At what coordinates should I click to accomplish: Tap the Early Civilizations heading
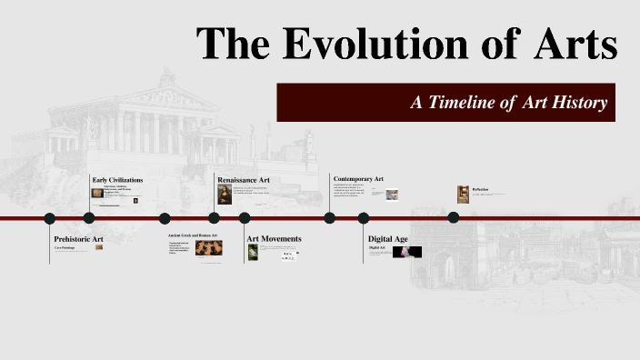click(x=117, y=180)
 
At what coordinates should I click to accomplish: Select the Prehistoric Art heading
click(x=78, y=238)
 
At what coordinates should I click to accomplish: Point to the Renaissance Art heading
click(x=244, y=180)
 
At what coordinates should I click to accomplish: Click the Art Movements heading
click(x=274, y=238)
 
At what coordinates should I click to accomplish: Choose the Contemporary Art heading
click(x=358, y=179)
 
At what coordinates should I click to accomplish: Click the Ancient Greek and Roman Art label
click(x=194, y=235)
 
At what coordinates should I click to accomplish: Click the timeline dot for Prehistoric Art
click(x=50, y=218)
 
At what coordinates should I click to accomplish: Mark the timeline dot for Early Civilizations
click(x=89, y=218)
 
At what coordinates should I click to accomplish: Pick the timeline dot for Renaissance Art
click(x=214, y=218)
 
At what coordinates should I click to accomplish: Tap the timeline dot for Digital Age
click(x=364, y=218)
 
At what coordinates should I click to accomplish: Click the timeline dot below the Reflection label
click(x=454, y=217)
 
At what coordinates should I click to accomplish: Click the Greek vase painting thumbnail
click(x=209, y=247)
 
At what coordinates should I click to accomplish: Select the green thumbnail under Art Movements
click(x=253, y=252)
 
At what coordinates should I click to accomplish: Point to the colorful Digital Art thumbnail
click(x=406, y=252)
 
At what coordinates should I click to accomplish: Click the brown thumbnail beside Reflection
click(x=463, y=194)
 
